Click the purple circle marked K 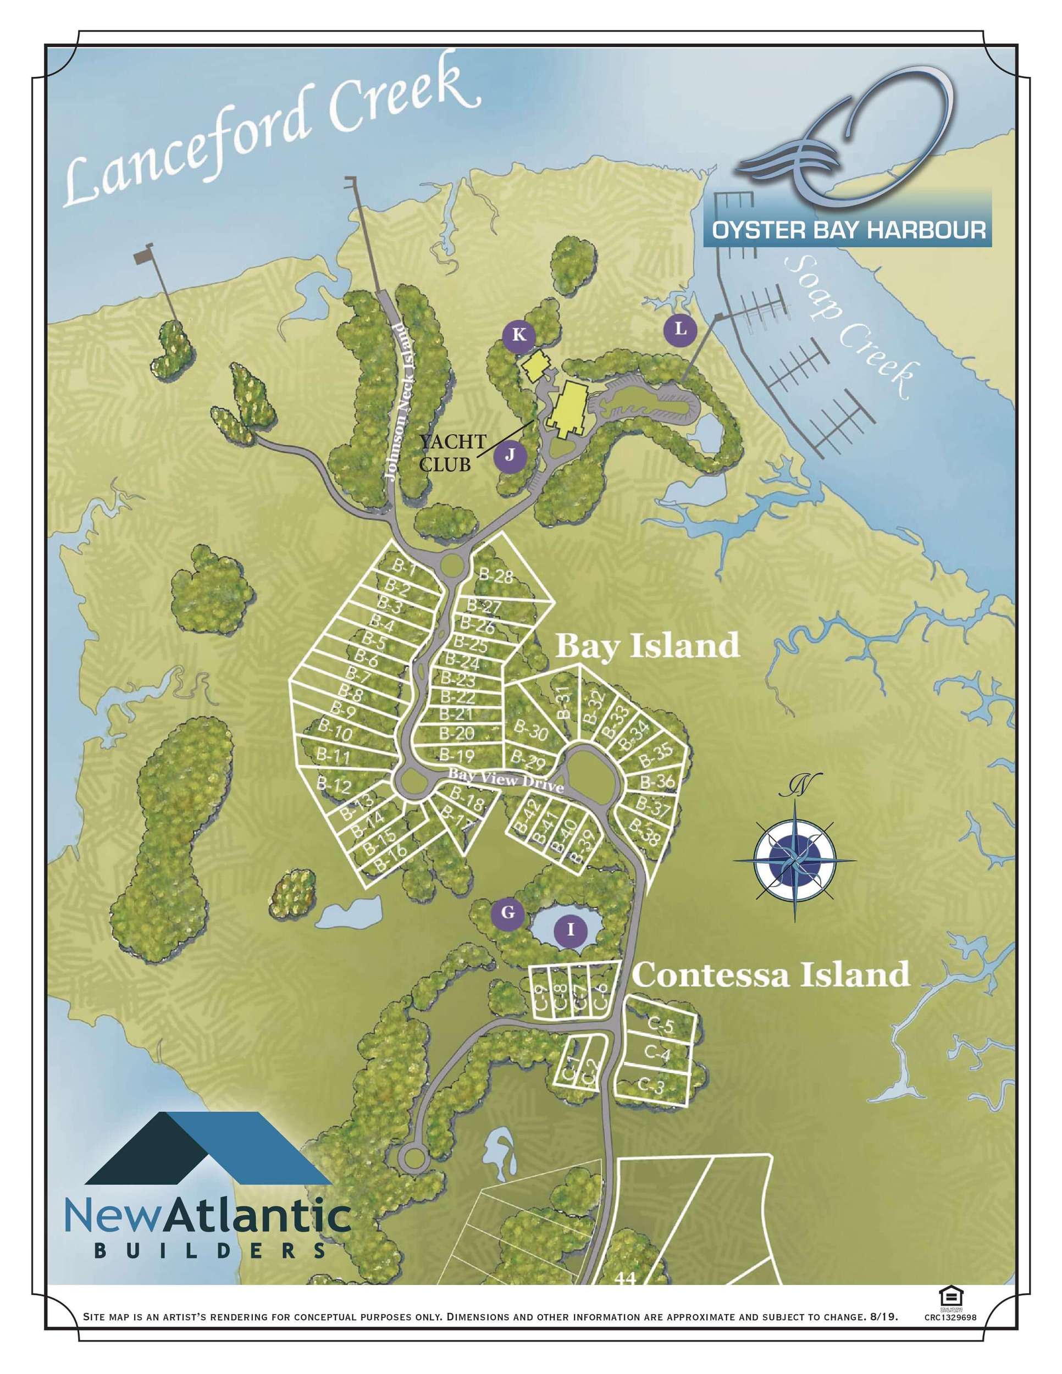519,335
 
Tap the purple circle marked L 680,329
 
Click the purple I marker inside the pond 571,929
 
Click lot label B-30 530,730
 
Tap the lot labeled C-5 660,1026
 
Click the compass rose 795,860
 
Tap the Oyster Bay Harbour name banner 848,229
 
